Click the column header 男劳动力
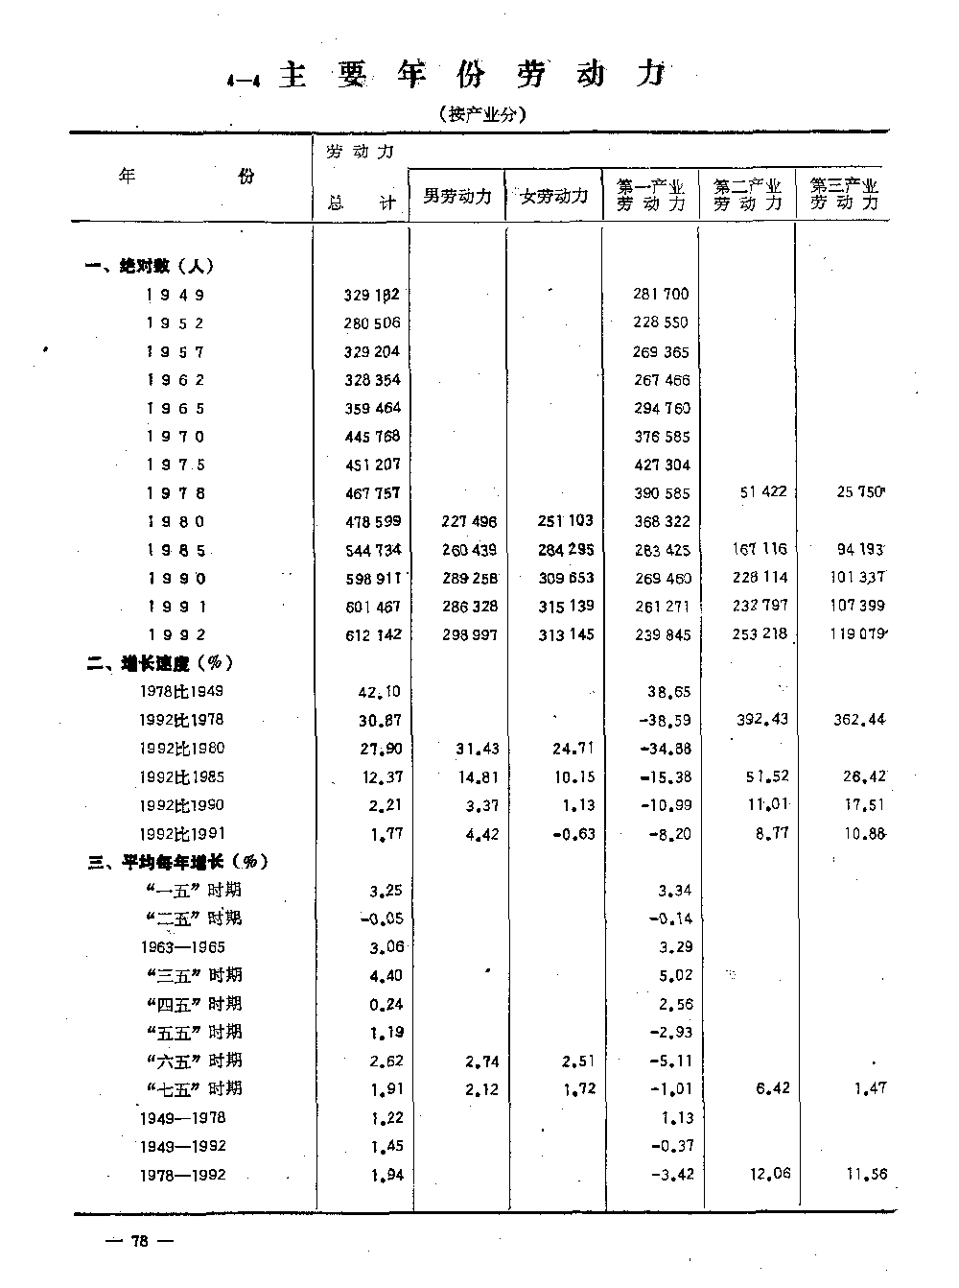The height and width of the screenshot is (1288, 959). point(457,197)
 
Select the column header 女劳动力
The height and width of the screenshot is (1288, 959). point(554,197)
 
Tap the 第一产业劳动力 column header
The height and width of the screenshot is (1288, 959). point(651,195)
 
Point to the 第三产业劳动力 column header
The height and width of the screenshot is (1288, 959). point(844,195)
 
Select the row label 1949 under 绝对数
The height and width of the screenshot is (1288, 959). point(175,296)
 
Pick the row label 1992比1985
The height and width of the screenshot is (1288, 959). point(181,777)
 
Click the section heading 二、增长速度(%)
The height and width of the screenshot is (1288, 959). point(158,663)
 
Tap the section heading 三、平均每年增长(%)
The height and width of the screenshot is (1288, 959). point(178,862)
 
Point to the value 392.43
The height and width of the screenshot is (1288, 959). point(761,719)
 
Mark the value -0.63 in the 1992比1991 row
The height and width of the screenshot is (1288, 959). point(573,834)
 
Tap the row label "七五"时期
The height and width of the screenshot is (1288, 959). point(195,1088)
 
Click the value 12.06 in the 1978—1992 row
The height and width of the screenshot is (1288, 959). point(770,1174)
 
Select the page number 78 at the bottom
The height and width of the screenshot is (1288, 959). point(139,1241)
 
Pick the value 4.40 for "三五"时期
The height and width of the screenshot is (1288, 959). point(386,976)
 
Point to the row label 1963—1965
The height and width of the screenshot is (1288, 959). point(181,947)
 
